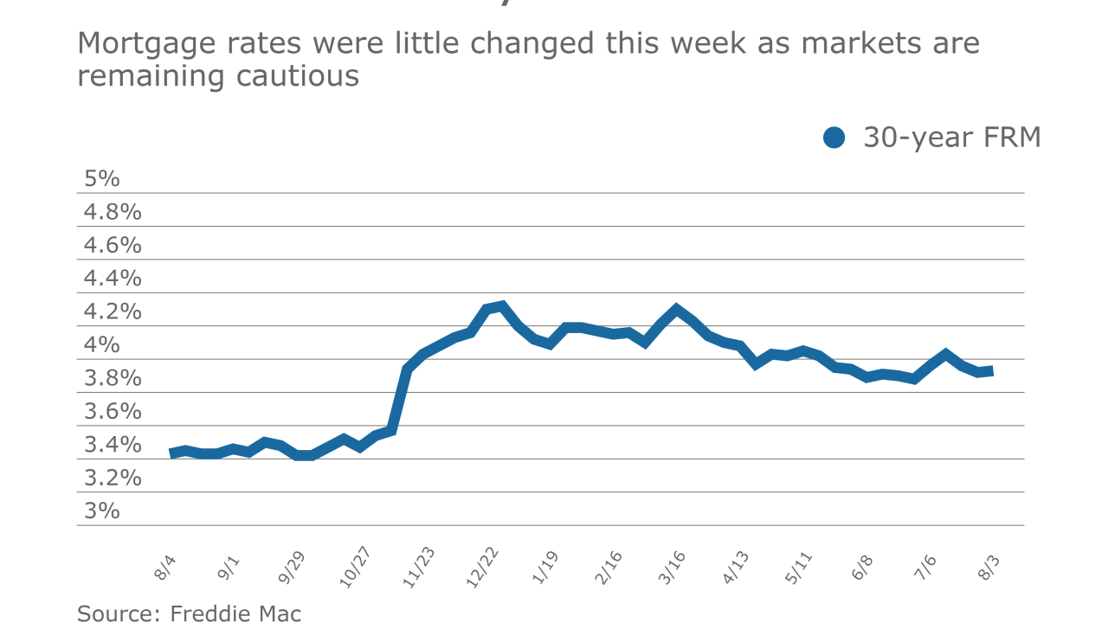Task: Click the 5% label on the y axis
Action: (x=101, y=179)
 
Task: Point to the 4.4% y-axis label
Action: (x=113, y=279)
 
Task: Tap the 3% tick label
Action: (x=101, y=511)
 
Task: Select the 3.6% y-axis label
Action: (x=113, y=411)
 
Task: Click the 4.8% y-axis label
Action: (x=113, y=212)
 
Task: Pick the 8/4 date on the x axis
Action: (x=165, y=568)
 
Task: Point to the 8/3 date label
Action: (x=987, y=568)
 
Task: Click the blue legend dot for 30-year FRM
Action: (x=834, y=138)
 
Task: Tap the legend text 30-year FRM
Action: (x=952, y=138)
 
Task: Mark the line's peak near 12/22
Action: (x=502, y=305)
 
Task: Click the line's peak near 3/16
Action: (x=676, y=309)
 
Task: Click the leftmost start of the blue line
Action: (x=171, y=453)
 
